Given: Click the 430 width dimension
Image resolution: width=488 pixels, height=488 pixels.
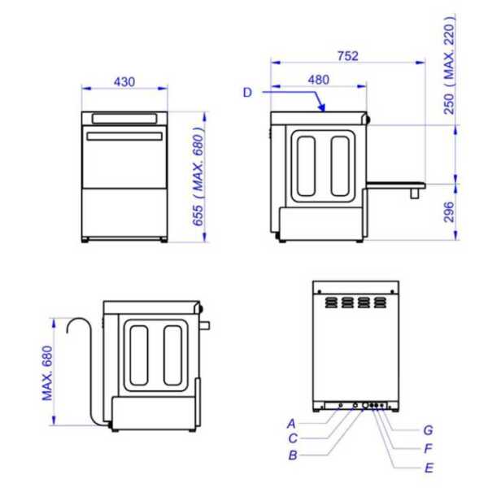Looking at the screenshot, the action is coord(124,82).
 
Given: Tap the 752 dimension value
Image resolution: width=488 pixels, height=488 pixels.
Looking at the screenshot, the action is coord(348,56).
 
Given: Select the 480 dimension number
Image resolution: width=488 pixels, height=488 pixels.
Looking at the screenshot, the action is coord(319,80).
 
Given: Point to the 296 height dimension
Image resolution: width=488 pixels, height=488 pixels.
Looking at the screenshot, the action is coord(449,212).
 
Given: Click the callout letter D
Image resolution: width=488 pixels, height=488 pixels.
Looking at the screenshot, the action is coord(247,93).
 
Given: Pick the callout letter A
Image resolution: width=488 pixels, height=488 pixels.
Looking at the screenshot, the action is coord(291,424).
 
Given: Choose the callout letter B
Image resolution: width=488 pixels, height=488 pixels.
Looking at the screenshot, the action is coord(293,455).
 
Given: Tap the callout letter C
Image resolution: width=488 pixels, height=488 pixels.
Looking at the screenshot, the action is coord(293,438).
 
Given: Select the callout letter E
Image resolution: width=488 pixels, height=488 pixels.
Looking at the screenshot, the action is coord(429,468).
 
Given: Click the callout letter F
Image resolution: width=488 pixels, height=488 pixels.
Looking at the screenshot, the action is coord(429,448).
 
